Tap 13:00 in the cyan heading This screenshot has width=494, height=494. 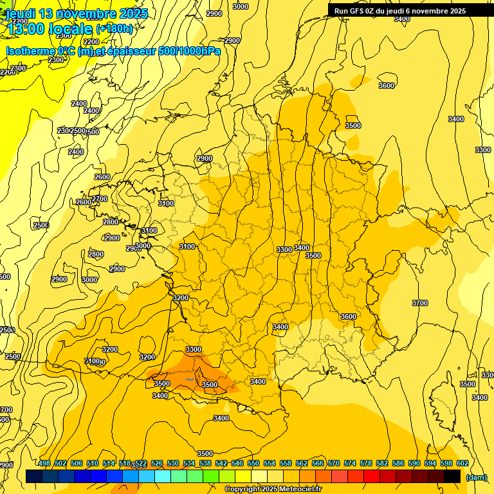[26, 28]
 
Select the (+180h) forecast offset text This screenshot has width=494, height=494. [114, 29]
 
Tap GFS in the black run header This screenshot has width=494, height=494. [357, 11]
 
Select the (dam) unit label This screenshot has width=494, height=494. [475, 477]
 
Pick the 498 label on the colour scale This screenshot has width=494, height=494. [44, 463]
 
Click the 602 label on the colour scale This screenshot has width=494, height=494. [462, 463]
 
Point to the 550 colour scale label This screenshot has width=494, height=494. [253, 463]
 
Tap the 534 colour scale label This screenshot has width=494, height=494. [189, 463]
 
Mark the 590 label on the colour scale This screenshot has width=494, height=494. [414, 463]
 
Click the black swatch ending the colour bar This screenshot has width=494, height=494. [452, 476]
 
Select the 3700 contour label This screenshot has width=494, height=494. [419, 303]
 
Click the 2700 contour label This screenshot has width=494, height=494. [100, 199]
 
